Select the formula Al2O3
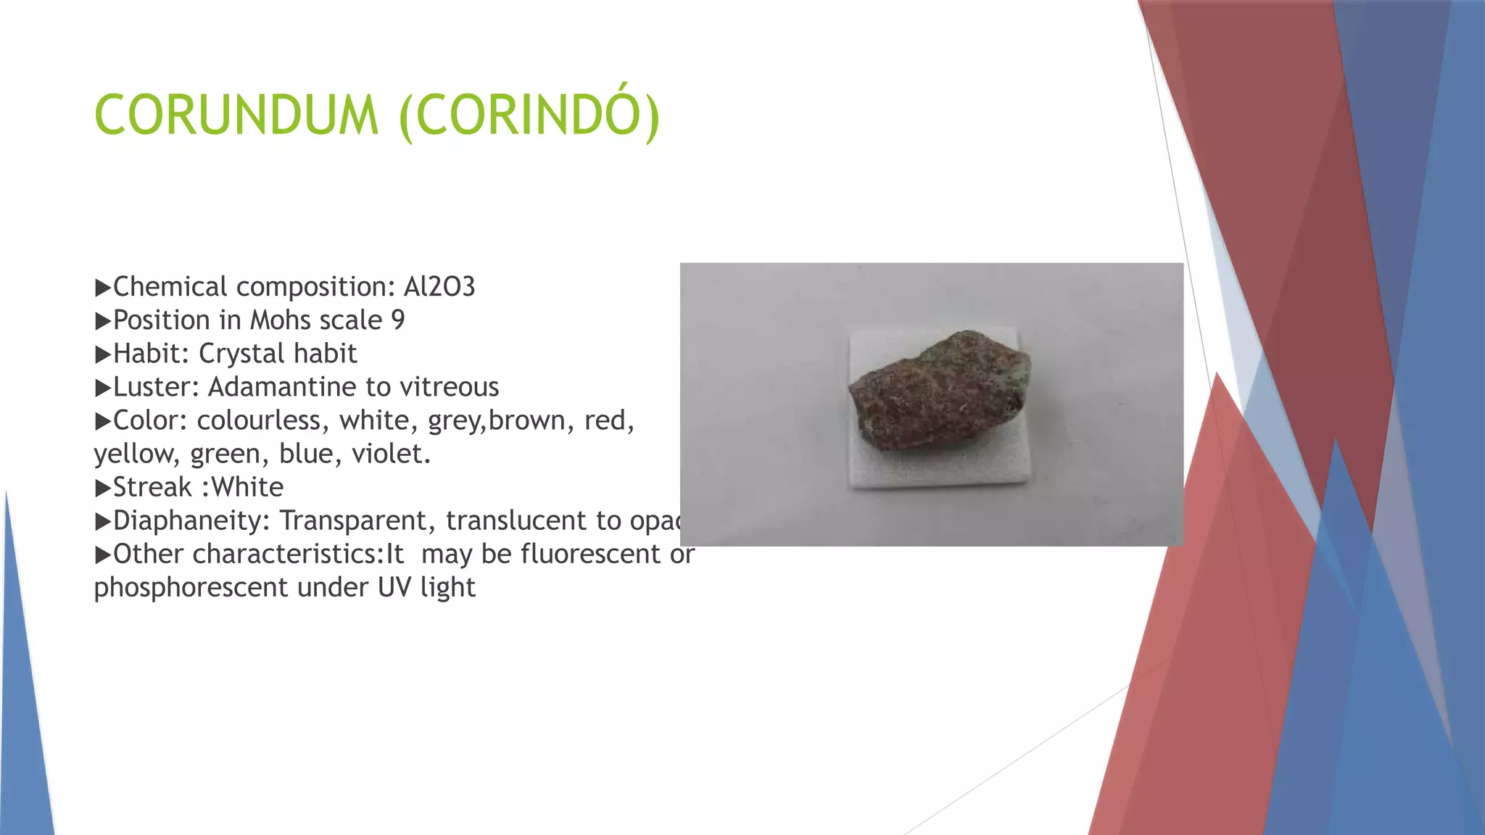(x=439, y=287)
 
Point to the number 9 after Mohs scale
(x=398, y=320)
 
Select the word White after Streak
(x=247, y=487)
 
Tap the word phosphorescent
(x=191, y=587)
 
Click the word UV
(x=394, y=587)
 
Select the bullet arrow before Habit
(x=102, y=354)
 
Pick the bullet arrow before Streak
(x=102, y=488)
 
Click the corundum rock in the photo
(x=940, y=391)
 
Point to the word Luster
(x=155, y=387)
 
